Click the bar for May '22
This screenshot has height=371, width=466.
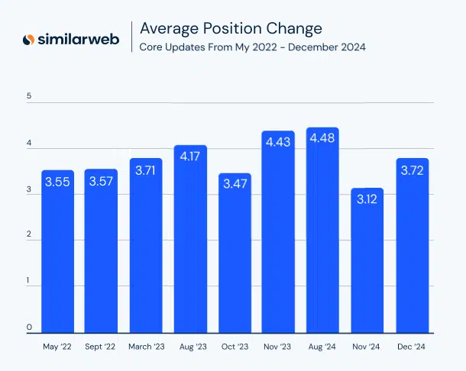57,252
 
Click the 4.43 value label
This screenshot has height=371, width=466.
278,141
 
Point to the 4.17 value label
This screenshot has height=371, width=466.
190,156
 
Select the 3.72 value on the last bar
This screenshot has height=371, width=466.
411,169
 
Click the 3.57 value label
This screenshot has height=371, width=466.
102,182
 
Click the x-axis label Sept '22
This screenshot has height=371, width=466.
102,346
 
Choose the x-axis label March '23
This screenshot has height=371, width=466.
146,346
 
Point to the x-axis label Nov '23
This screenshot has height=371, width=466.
278,346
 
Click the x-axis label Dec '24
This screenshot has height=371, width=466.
411,346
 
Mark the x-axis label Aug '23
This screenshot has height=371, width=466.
190,346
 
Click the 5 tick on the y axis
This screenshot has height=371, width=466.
29,96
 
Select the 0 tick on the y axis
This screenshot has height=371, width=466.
29,327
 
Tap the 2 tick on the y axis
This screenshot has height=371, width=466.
29,235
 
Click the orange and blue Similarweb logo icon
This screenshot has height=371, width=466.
28,39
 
